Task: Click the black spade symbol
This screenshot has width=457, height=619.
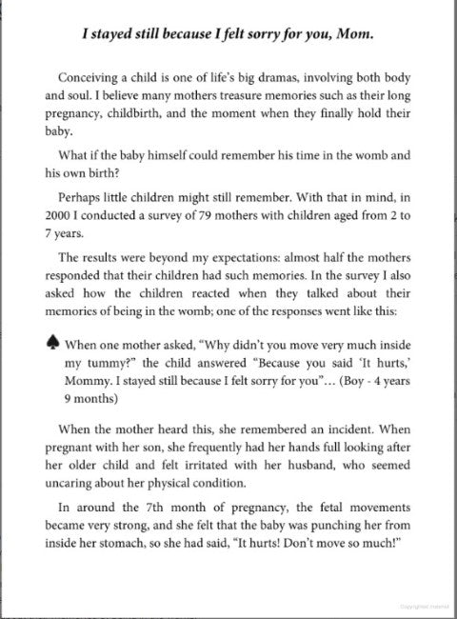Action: [45, 346]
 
